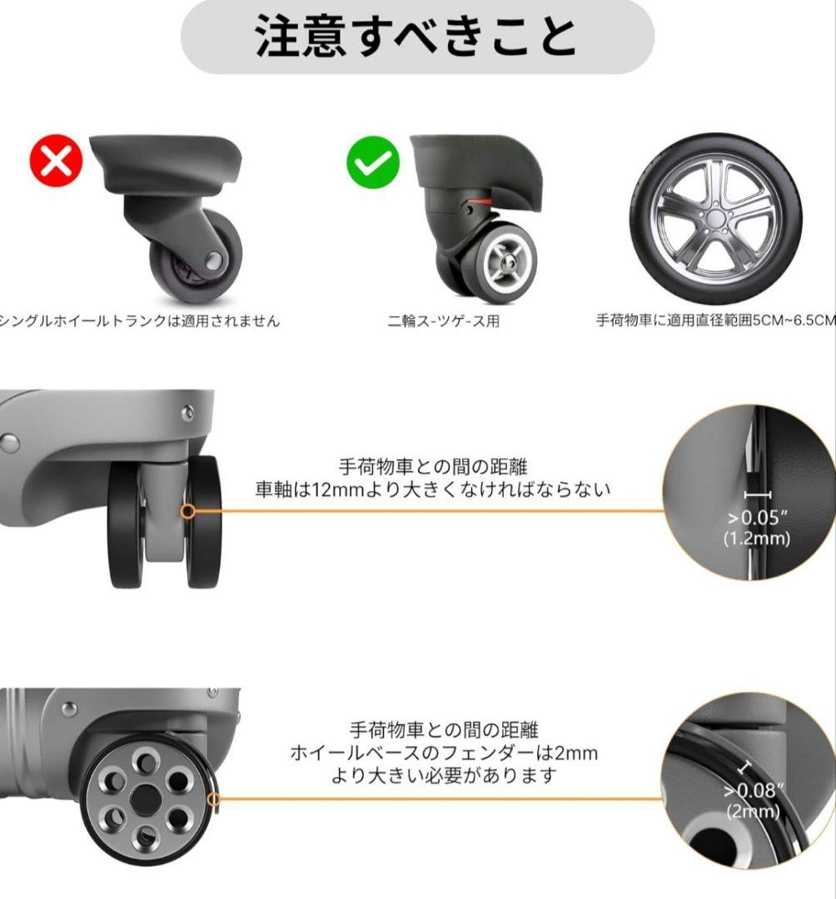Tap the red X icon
tap(56, 161)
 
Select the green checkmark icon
tap(373, 161)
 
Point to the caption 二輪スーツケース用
tap(443, 321)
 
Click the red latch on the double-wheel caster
tap(478, 202)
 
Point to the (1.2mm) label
tap(756, 539)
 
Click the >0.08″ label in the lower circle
tap(754, 791)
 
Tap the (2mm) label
tap(753, 811)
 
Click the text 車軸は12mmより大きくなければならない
tap(433, 489)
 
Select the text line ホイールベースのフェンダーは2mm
tap(444, 753)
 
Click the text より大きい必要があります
tap(444, 776)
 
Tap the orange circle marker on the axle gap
tap(189, 510)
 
